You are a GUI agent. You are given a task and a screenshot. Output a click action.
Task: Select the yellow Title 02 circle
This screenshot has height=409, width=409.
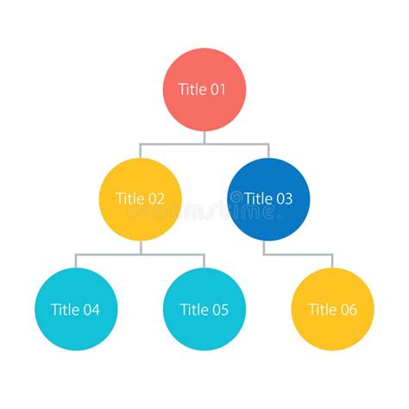pyautogui.click(x=141, y=198)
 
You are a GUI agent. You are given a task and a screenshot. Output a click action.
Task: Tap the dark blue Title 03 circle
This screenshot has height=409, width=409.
pyautogui.click(x=268, y=198)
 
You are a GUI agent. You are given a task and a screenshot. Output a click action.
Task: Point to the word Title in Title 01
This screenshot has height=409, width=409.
pyautogui.click(x=192, y=89)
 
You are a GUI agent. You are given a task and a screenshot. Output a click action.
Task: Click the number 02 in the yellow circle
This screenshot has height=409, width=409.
pyautogui.click(x=155, y=198)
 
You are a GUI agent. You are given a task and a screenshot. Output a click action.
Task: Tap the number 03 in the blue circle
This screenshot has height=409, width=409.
pyautogui.click(x=283, y=198)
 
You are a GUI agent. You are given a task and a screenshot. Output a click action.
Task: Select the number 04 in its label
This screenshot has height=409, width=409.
pyautogui.click(x=91, y=310)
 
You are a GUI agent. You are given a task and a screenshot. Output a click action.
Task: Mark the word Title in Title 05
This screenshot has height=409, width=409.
pyautogui.click(x=192, y=310)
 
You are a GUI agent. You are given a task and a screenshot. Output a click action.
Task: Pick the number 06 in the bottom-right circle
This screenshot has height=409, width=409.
pyautogui.click(x=348, y=310)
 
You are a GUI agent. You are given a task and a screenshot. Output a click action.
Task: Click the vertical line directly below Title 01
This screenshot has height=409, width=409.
pyautogui.click(x=204, y=136)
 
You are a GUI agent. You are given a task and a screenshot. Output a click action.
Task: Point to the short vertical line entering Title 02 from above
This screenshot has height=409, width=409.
pyautogui.click(x=141, y=150)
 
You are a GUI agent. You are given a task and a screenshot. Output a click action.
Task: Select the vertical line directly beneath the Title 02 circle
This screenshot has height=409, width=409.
pyautogui.click(x=141, y=247)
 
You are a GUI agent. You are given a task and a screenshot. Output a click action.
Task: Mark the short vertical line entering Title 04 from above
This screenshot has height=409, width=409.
pyautogui.click(x=76, y=261)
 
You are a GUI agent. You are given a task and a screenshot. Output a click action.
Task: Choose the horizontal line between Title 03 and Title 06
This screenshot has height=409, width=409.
pyautogui.click(x=298, y=255)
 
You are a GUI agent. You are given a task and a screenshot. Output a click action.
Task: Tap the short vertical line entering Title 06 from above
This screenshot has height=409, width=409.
pyautogui.click(x=333, y=261)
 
